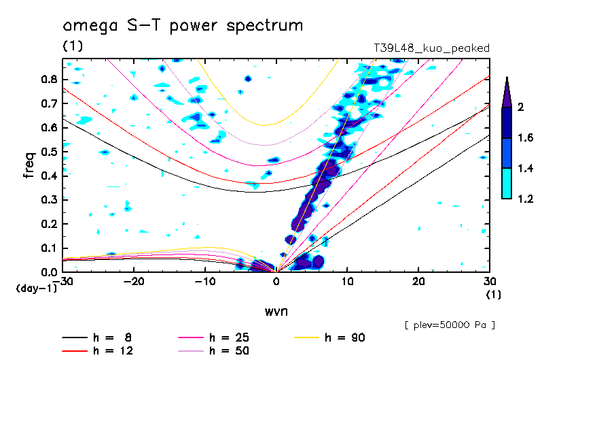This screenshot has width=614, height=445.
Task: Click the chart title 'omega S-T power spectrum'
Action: click(x=183, y=26)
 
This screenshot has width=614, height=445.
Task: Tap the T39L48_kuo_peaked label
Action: click(x=431, y=48)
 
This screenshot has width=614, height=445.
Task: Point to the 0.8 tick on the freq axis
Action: click(x=50, y=79)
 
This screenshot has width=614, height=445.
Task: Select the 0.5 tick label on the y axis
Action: click(x=50, y=152)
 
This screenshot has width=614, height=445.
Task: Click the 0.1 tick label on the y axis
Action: click(x=50, y=248)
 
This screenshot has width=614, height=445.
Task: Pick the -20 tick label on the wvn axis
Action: click(x=134, y=282)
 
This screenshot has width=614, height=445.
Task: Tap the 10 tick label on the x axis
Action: click(x=347, y=282)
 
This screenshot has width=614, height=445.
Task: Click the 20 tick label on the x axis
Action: click(x=418, y=282)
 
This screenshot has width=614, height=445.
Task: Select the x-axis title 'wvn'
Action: click(x=276, y=312)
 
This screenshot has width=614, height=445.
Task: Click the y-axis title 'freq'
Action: click(x=29, y=165)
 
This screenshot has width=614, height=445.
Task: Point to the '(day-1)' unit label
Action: click(x=36, y=289)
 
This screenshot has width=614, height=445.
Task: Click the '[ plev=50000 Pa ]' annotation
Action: click(x=450, y=325)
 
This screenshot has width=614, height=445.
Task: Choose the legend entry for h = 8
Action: click(x=96, y=337)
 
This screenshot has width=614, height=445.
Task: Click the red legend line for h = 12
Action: click(x=75, y=351)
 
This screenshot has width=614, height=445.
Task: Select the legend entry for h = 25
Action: click(x=213, y=337)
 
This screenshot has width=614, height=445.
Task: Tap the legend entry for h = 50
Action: click(x=213, y=351)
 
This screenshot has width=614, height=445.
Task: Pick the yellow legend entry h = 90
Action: click(x=329, y=337)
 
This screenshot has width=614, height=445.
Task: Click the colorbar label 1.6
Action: click(x=525, y=137)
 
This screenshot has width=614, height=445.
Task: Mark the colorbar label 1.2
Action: click(x=525, y=199)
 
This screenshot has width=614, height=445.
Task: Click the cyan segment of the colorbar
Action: click(x=507, y=183)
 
